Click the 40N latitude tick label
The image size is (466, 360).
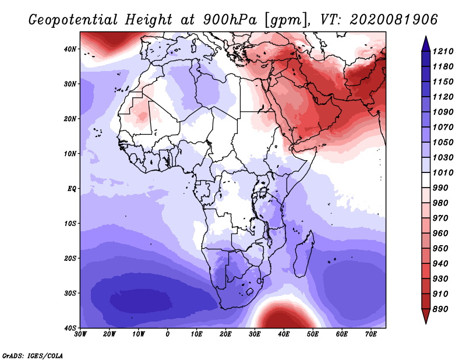70,49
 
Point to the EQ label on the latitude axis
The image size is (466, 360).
72,189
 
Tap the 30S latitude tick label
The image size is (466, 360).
70,294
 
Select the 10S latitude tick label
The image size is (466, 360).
70,224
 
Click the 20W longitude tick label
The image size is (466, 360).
109,334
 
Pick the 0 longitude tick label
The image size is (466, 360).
168,334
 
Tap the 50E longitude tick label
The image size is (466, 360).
313,334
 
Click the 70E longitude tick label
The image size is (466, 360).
371,334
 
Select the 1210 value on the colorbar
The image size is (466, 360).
443,51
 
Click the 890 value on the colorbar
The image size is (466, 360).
440,309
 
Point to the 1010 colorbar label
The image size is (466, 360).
443,172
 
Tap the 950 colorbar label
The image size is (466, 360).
440,249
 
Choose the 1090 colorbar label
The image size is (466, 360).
443,112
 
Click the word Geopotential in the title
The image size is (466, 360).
73,20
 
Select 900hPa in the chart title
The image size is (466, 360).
230,20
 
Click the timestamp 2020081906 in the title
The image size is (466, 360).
394,19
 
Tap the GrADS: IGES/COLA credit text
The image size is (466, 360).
33,355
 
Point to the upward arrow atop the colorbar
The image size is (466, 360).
426,44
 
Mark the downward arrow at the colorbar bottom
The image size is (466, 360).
426,316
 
